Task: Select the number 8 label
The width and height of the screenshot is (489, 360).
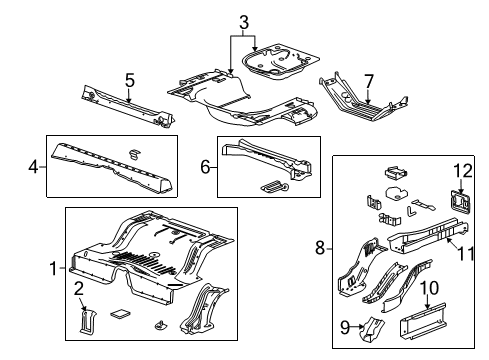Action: point(321,247)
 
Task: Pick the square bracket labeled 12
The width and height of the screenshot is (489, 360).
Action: point(460,202)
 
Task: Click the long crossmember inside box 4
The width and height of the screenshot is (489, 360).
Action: point(110,165)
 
